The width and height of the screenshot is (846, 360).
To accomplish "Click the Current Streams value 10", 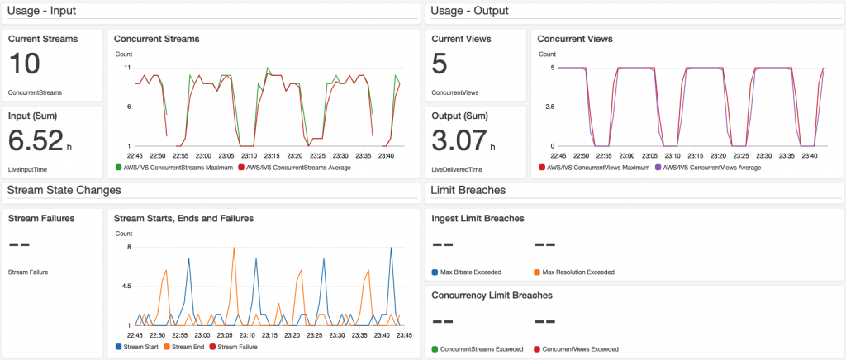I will tap(24, 64).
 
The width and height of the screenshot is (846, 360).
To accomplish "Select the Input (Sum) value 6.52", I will tap(36, 140).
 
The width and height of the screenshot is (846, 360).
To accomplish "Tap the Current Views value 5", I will tap(440, 64).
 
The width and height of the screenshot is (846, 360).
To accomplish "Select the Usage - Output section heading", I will tap(468, 10).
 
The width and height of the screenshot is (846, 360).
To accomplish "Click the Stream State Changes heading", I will tap(64, 190).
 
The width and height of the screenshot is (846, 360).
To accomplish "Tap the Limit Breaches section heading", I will tap(468, 190).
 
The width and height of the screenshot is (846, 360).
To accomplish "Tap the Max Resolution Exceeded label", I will tap(578, 272).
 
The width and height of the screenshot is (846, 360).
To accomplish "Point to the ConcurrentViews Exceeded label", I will tap(578, 348).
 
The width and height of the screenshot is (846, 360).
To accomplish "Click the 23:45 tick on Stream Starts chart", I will tap(403, 335).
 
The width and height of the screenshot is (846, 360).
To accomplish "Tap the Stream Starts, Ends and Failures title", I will tap(183, 219).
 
